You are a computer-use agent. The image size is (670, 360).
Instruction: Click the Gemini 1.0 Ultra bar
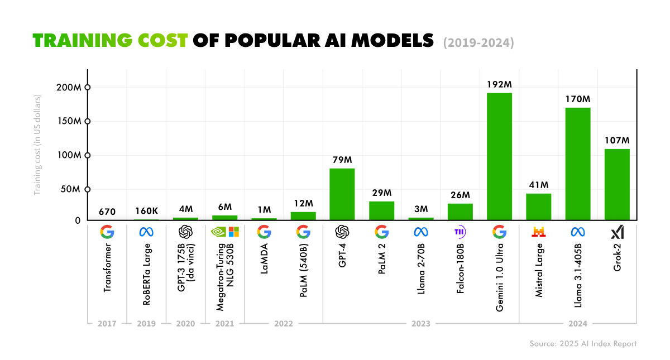click(x=499, y=156)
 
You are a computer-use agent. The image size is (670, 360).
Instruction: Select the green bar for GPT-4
click(x=342, y=194)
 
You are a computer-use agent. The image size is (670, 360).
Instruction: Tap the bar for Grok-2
click(x=617, y=184)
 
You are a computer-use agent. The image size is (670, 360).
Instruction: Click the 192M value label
click(x=499, y=84)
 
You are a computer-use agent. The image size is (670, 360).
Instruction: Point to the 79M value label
click(x=342, y=160)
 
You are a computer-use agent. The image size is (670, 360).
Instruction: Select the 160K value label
click(x=146, y=211)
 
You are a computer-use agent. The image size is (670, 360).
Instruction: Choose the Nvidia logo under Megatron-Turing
click(x=218, y=232)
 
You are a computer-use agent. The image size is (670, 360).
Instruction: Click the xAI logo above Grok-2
click(x=617, y=232)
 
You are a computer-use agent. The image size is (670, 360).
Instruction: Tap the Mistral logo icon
click(x=539, y=232)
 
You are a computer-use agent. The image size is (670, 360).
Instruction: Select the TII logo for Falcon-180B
click(x=460, y=232)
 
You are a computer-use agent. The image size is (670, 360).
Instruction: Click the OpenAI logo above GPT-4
click(x=342, y=232)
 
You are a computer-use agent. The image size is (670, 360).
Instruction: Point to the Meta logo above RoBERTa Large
click(x=146, y=232)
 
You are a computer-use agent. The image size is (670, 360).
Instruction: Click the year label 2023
click(x=421, y=323)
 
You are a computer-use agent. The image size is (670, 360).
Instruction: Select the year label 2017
click(x=107, y=323)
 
